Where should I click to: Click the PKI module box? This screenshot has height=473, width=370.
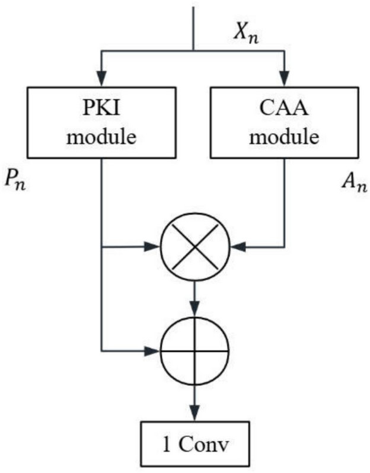point(103,123)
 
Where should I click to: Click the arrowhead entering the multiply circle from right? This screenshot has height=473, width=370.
point(235,245)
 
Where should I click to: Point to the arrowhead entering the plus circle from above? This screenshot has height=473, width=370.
point(194,311)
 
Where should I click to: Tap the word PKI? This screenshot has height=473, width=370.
point(103,108)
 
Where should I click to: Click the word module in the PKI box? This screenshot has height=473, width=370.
point(103,138)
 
